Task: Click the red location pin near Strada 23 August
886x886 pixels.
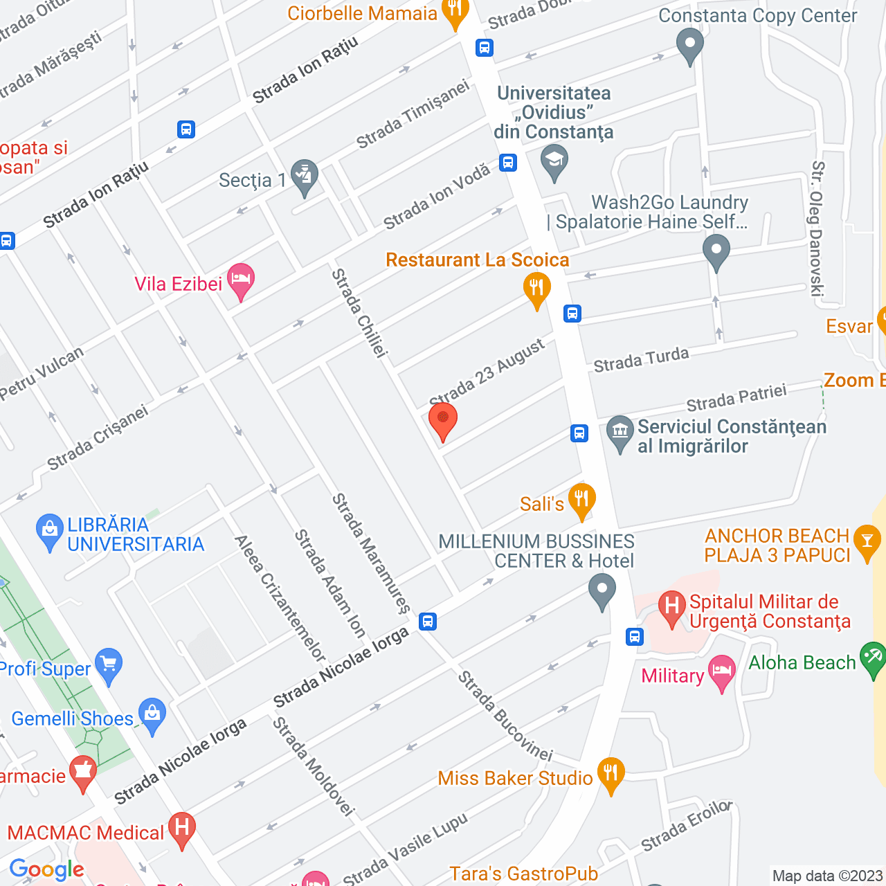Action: pos(443,419)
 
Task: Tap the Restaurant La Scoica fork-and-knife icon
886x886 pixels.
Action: pos(536,287)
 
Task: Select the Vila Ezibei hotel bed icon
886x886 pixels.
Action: pos(240,280)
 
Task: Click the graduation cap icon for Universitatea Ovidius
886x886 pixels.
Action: pos(554,161)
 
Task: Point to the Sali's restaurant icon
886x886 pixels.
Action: pos(581,499)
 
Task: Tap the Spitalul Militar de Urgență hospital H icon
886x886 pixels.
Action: pos(671,606)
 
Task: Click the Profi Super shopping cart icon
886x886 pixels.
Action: pos(109,664)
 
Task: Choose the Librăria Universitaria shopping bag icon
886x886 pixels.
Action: pos(49,530)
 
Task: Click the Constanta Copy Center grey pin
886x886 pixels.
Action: pos(689,44)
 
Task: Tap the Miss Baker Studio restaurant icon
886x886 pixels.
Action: pos(611,773)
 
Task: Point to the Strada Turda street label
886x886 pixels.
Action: pos(641,359)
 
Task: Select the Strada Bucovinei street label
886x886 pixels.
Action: pos(505,716)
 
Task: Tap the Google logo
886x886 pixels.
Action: pos(46,869)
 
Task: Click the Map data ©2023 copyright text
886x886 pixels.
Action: pos(827,876)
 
